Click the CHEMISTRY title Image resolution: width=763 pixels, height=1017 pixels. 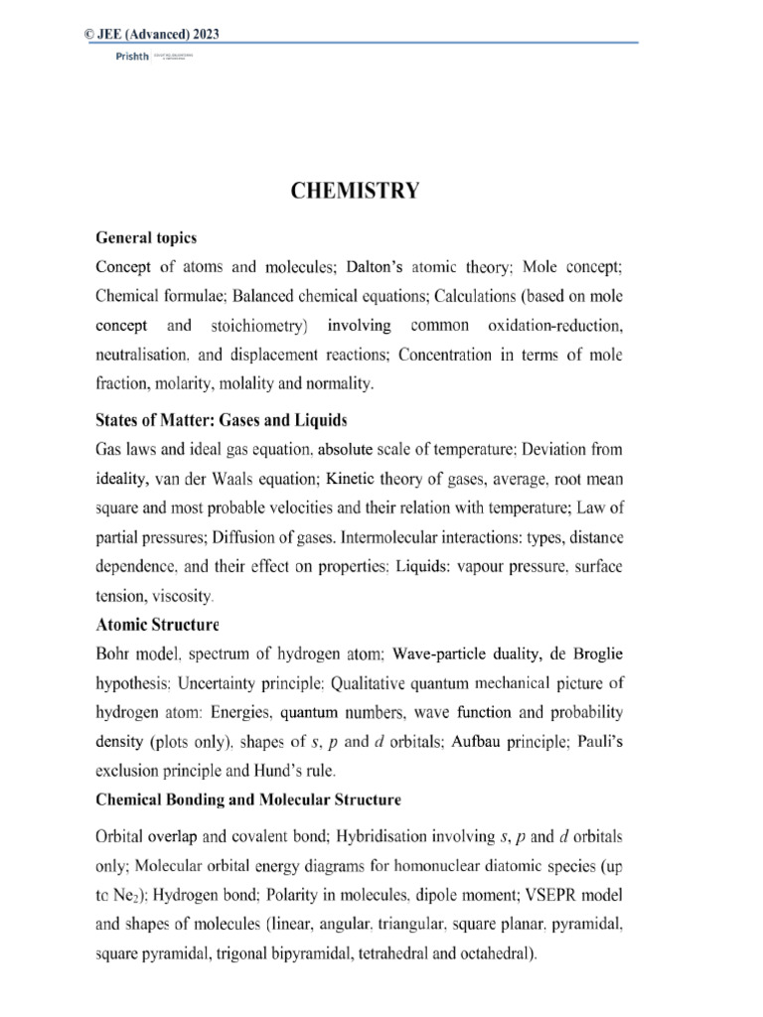(x=355, y=192)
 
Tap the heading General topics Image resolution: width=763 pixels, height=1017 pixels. (x=146, y=238)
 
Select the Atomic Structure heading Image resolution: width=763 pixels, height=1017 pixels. (x=157, y=627)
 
